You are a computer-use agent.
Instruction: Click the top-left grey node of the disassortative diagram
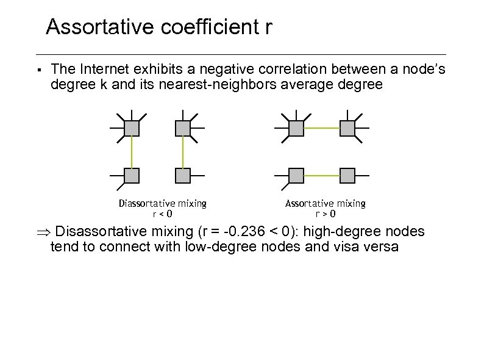pyautogui.click(x=132, y=128)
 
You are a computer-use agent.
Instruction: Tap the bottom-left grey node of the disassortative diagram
pyautogui.click(x=132, y=176)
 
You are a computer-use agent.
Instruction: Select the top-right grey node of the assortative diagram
pyautogui.click(x=347, y=128)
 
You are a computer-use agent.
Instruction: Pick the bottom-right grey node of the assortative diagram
pyautogui.click(x=347, y=176)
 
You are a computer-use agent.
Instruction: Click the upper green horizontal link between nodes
pyautogui.click(x=321, y=128)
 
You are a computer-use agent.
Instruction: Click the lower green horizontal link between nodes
pyautogui.click(x=321, y=176)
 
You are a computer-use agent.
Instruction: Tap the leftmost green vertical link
pyautogui.click(x=132, y=152)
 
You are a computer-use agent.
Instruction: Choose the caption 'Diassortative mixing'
pyautogui.click(x=162, y=203)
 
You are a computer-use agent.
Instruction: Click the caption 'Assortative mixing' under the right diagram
pyautogui.click(x=325, y=203)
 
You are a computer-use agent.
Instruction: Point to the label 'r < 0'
pyautogui.click(x=162, y=214)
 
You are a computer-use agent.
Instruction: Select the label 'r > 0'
pyautogui.click(x=325, y=214)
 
